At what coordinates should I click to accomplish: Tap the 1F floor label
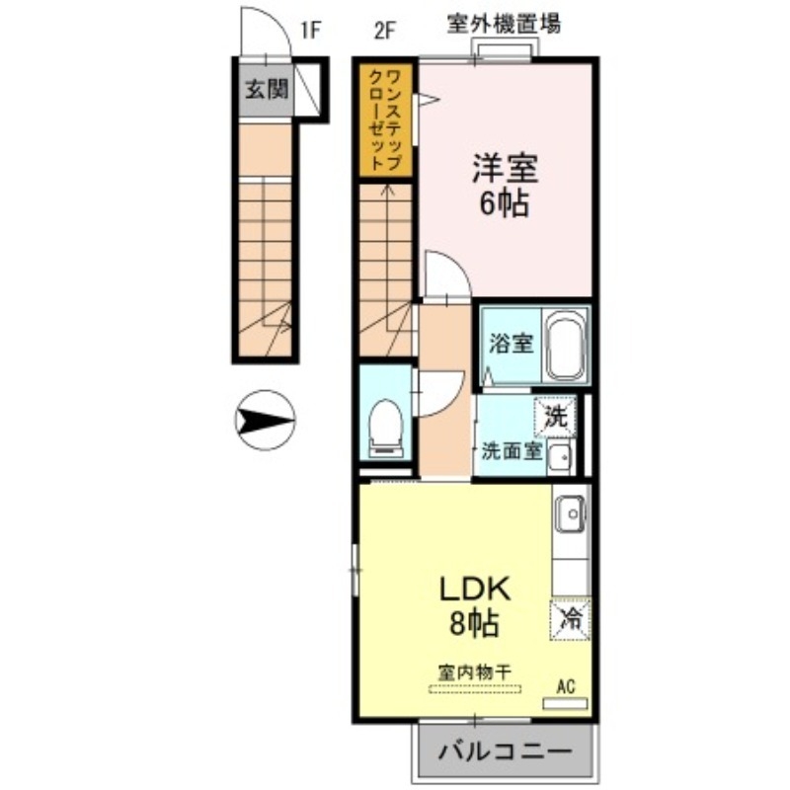pos(310,29)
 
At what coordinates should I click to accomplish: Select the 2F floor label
pos(384,29)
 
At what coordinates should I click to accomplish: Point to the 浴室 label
pos(512,344)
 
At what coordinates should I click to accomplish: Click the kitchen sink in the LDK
pos(571,513)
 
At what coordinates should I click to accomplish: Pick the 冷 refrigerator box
pos(571,619)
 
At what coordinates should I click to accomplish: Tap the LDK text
pos(474,589)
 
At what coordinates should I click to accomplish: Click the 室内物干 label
pos(476,671)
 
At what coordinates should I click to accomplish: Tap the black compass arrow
pos(264,423)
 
